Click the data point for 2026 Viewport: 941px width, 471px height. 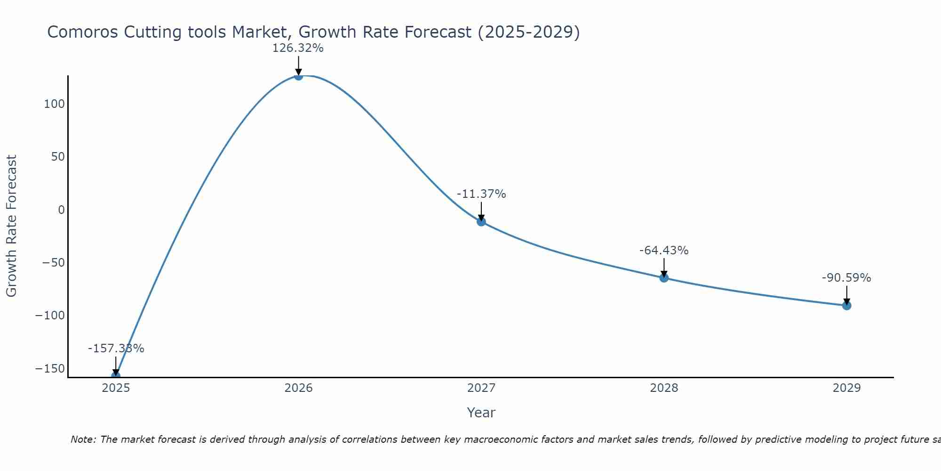click(298, 76)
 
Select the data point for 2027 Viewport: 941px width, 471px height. click(481, 221)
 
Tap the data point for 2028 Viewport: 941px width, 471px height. click(664, 278)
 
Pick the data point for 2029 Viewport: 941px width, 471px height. click(846, 306)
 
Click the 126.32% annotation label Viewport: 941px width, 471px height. click(298, 48)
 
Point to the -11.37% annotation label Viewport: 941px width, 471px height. click(481, 194)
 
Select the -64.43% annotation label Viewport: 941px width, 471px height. click(664, 251)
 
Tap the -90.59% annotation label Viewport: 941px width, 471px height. click(846, 278)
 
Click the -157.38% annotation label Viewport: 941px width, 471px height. click(116, 349)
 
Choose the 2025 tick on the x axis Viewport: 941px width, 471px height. click(116, 388)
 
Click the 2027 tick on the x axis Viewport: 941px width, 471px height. click(481, 388)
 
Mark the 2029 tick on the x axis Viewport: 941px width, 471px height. click(846, 388)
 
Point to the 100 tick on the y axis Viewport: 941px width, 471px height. click(54, 104)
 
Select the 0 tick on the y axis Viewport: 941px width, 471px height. click(61, 210)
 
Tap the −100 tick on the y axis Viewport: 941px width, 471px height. click(50, 315)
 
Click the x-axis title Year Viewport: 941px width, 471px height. click(481, 413)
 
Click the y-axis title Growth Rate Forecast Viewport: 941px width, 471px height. click(11, 226)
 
